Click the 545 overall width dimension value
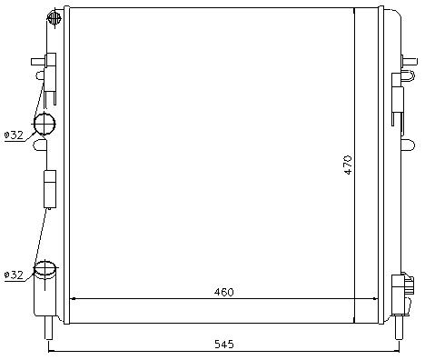click(224, 345)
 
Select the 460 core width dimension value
click(224, 292)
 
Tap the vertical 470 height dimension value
click(348, 165)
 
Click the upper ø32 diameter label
click(14, 135)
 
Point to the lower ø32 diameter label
click(14, 275)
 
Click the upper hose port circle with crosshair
click(44, 124)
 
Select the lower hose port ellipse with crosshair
click(45, 268)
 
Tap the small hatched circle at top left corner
click(54, 18)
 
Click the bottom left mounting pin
click(48, 328)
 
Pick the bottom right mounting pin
click(400, 327)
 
